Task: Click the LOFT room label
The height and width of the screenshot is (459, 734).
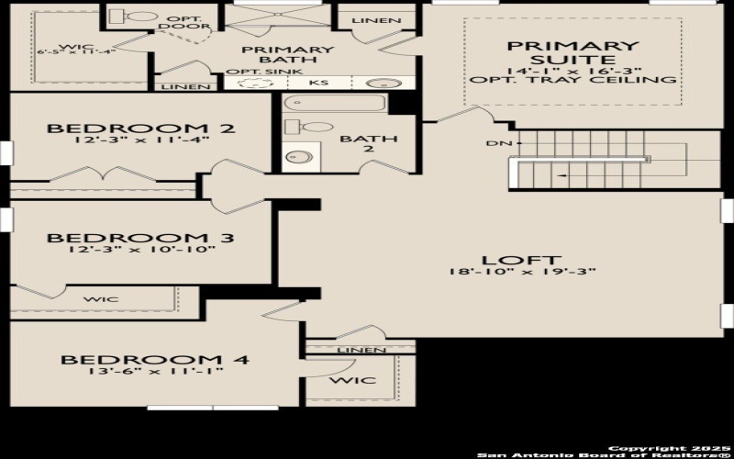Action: pyautogui.click(x=522, y=261)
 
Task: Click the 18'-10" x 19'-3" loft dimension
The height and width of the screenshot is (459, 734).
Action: pyautogui.click(x=522, y=272)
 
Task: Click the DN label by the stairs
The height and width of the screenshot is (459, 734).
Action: pyautogui.click(x=495, y=143)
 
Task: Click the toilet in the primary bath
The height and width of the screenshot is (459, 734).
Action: pyautogui.click(x=138, y=16)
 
